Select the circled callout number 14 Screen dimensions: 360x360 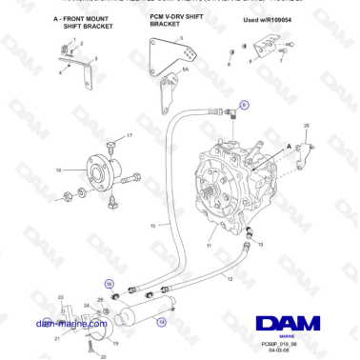(161, 322)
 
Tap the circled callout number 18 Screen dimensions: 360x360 (108, 284)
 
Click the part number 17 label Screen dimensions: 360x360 (130, 136)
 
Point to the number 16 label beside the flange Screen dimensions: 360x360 (59, 170)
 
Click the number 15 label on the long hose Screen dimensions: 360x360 (152, 226)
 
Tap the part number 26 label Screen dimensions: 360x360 (307, 125)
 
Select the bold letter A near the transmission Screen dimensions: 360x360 (288, 145)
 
